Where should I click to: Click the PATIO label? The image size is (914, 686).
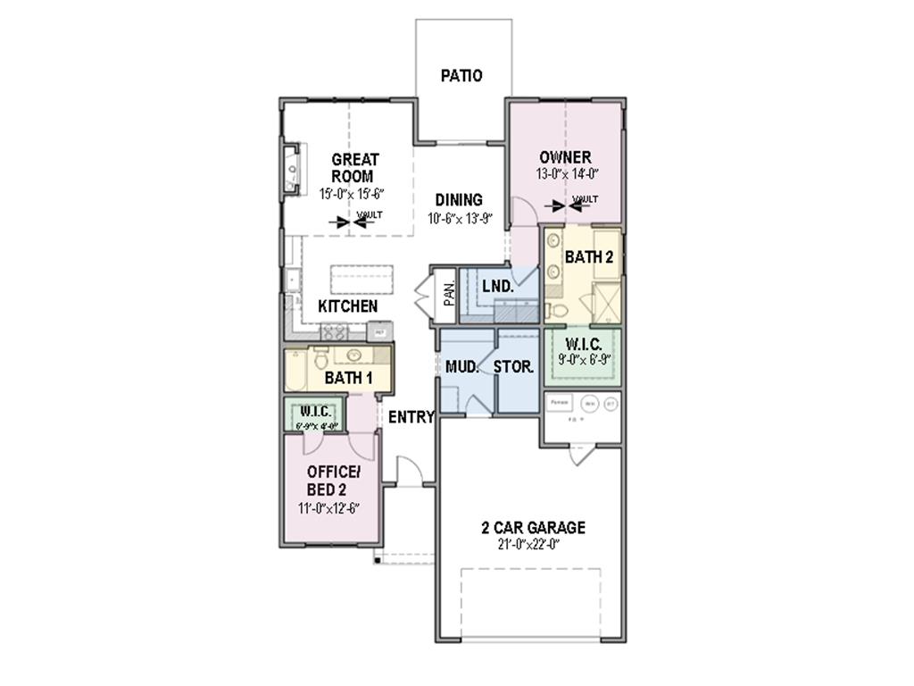pos(461,76)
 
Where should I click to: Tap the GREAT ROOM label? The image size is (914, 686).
pos(354,168)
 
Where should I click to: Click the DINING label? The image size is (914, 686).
pos(459,200)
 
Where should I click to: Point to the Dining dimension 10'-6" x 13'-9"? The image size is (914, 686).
pos(461,218)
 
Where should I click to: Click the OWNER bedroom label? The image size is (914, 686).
pos(564,158)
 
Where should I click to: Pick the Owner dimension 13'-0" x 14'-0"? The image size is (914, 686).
pos(566,175)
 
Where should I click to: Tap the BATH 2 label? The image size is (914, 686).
pos(589,257)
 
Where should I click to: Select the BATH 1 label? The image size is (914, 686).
pos(348,378)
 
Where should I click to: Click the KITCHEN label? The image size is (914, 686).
pos(348,306)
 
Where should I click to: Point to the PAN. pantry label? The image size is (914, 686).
pos(450,293)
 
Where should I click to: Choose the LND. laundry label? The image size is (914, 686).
pos(497,287)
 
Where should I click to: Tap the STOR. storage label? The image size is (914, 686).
pos(514,366)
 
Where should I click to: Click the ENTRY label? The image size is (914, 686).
pos(411,416)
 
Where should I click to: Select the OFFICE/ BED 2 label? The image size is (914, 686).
pos(332,481)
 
